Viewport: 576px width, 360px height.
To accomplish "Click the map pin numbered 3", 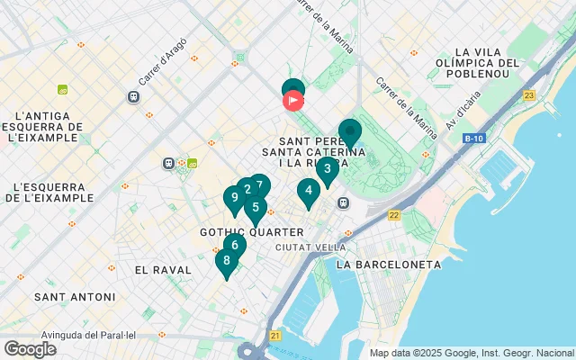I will pyautogui.click(x=328, y=168).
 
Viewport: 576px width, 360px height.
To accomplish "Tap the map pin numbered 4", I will pyautogui.click(x=309, y=191).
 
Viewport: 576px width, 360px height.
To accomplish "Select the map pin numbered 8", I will pyautogui.click(x=226, y=262).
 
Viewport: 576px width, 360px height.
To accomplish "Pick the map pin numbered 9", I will pyautogui.click(x=235, y=198).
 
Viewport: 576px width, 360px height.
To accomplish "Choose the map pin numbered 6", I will pyautogui.click(x=235, y=245).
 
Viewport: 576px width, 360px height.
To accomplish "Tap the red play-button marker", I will pyautogui.click(x=293, y=101).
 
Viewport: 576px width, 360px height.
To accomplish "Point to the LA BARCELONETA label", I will pyautogui.click(x=388, y=265).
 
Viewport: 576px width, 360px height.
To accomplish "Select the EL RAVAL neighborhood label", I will pyautogui.click(x=163, y=270).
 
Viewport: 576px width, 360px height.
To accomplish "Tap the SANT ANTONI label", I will pyautogui.click(x=75, y=297).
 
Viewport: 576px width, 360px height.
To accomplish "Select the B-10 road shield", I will pyautogui.click(x=474, y=139).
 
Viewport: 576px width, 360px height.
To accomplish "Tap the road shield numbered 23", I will pyautogui.click(x=528, y=95).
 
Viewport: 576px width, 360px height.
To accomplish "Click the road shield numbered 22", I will pyautogui.click(x=394, y=215).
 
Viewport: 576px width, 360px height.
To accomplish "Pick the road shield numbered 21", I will pyautogui.click(x=274, y=335).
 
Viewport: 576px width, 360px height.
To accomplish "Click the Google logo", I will pyautogui.click(x=30, y=349).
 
